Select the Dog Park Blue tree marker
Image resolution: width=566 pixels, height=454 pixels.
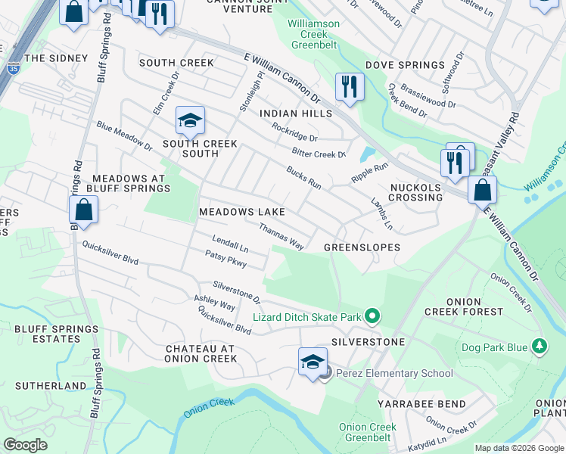click(x=539, y=347)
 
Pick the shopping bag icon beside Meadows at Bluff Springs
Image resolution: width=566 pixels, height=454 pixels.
click(x=85, y=210)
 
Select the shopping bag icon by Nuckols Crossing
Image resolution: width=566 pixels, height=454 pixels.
click(x=482, y=189)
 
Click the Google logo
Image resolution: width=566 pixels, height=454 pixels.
click(x=25, y=444)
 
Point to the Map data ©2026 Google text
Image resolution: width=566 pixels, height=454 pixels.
click(x=518, y=448)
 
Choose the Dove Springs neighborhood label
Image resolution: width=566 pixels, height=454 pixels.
click(x=405, y=65)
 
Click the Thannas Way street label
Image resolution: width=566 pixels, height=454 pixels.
click(x=281, y=237)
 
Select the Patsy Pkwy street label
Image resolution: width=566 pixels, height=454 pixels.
click(x=225, y=260)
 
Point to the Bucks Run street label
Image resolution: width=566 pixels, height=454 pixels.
click(x=303, y=179)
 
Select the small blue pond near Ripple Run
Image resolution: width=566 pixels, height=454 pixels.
click(x=367, y=154)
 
